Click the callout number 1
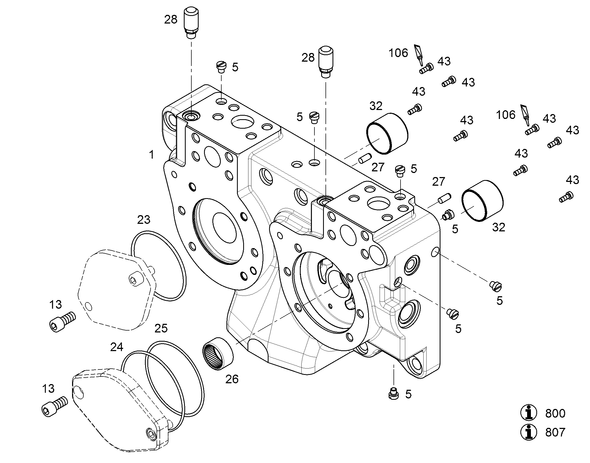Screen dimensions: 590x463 pos(152,155)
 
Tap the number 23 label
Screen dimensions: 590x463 pos(143,219)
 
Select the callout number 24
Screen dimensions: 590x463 pos(117,347)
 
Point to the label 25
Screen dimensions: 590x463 pos(161,328)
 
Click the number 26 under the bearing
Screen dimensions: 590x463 pos(232,379)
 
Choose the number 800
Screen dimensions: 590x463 pos(555,413)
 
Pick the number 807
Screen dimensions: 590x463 pos(555,432)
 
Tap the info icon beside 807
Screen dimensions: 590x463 pos(528,432)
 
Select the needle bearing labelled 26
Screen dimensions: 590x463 pos(218,353)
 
